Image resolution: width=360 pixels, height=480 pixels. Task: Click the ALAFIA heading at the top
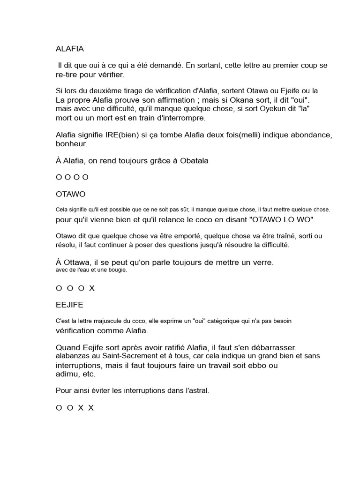click(x=70, y=48)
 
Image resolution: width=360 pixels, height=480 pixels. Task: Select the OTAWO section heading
click(x=70, y=194)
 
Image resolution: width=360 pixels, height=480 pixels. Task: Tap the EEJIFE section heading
click(x=69, y=305)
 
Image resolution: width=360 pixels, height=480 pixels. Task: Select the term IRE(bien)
click(x=120, y=135)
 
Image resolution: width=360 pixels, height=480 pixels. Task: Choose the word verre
click(x=263, y=262)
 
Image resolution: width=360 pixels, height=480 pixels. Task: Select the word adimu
click(x=67, y=374)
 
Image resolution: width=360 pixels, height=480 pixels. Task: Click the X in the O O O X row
click(x=92, y=288)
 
